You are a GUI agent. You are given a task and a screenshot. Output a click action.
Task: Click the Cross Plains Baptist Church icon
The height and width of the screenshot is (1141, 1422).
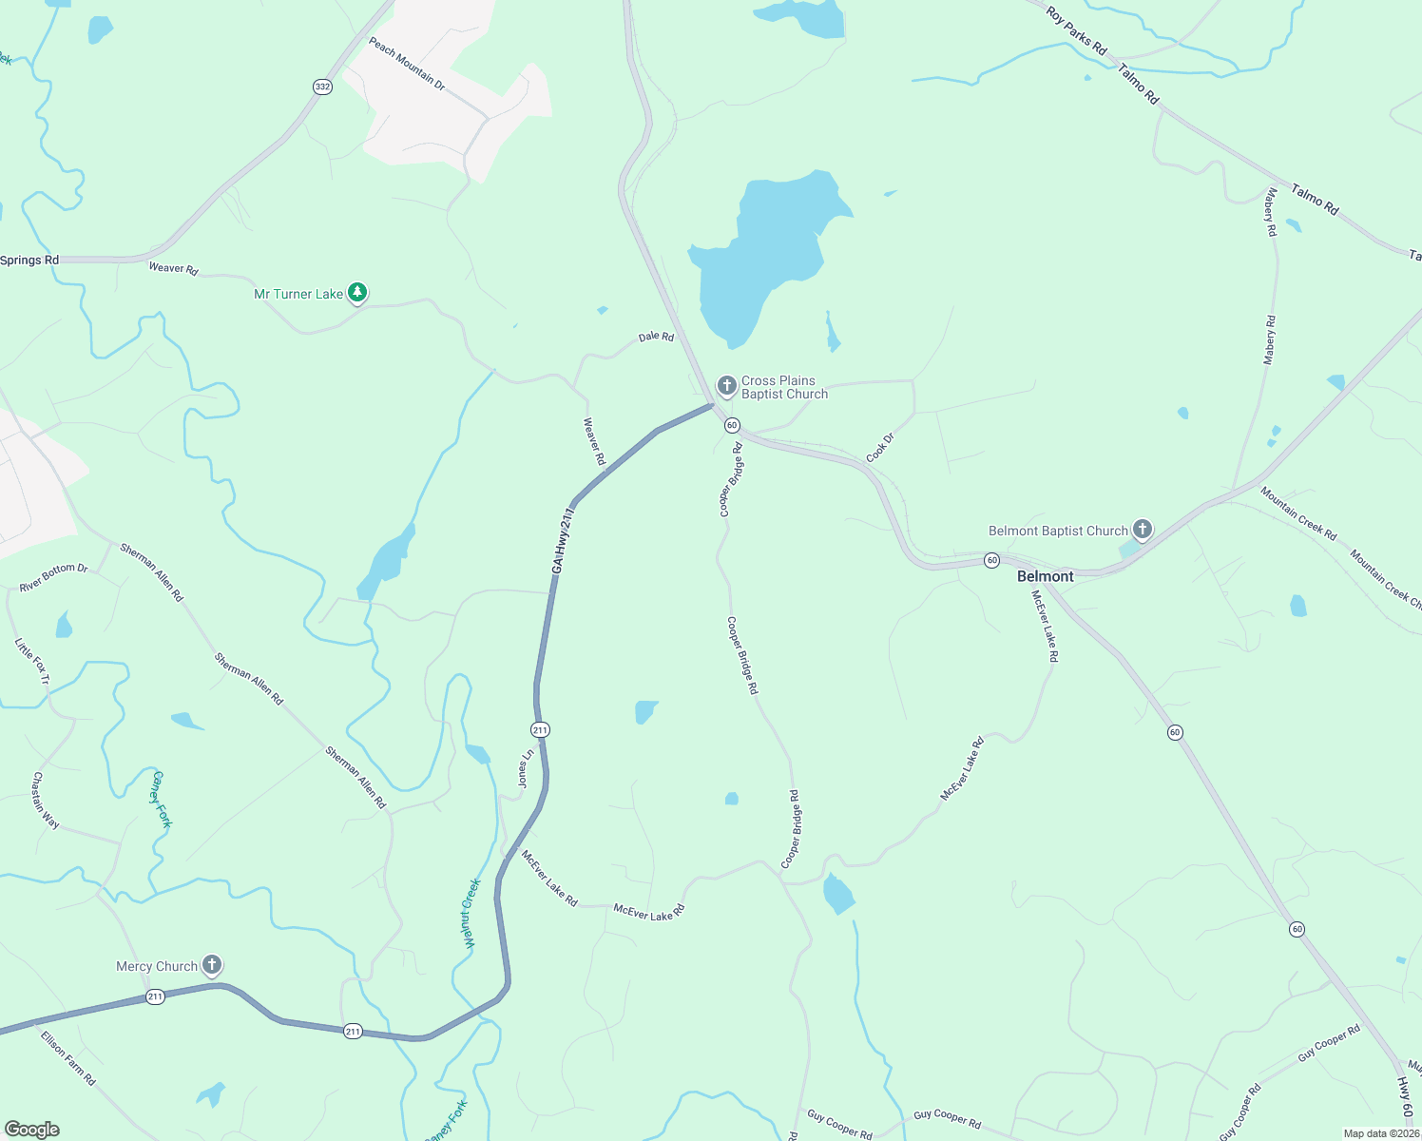click(726, 386)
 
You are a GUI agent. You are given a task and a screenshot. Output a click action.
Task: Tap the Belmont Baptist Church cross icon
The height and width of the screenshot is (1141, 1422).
click(1143, 530)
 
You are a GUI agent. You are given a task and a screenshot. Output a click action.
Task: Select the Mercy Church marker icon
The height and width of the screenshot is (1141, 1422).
click(212, 966)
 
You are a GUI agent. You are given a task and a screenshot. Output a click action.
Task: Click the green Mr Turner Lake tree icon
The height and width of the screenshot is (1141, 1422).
click(356, 293)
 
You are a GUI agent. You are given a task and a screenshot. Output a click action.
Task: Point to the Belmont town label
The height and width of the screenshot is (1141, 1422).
click(1045, 576)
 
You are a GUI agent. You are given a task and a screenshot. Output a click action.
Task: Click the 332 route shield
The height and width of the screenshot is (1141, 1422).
click(322, 87)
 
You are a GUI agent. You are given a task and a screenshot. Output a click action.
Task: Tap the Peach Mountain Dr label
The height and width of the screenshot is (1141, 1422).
click(407, 64)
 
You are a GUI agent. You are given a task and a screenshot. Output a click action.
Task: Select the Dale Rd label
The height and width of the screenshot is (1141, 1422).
click(656, 337)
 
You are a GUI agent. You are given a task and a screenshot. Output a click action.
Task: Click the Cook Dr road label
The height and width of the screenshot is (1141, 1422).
click(880, 448)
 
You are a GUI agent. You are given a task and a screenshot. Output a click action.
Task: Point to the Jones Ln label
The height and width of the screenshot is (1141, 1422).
click(525, 768)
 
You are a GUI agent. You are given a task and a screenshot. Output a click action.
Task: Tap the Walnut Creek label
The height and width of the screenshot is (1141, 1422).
click(471, 913)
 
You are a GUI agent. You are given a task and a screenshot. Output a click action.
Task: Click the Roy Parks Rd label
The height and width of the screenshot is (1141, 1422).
click(1076, 30)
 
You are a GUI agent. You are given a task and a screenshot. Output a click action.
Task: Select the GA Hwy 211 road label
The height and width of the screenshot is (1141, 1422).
click(563, 539)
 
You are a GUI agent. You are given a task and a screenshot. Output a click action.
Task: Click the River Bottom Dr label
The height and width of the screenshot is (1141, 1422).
click(54, 577)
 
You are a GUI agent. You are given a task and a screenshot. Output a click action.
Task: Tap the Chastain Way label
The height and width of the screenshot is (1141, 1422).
click(45, 801)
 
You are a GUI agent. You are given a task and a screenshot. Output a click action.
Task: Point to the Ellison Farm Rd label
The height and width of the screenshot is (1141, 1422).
click(68, 1058)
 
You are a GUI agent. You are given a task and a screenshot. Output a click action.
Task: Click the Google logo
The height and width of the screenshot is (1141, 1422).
click(31, 1130)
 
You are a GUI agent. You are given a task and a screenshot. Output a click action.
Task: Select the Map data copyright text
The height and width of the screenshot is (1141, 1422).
click(1381, 1133)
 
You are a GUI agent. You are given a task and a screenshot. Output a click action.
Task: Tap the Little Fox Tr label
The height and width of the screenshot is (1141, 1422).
click(31, 661)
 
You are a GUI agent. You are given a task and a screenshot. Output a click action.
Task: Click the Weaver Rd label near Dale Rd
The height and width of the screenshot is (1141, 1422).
click(594, 441)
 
